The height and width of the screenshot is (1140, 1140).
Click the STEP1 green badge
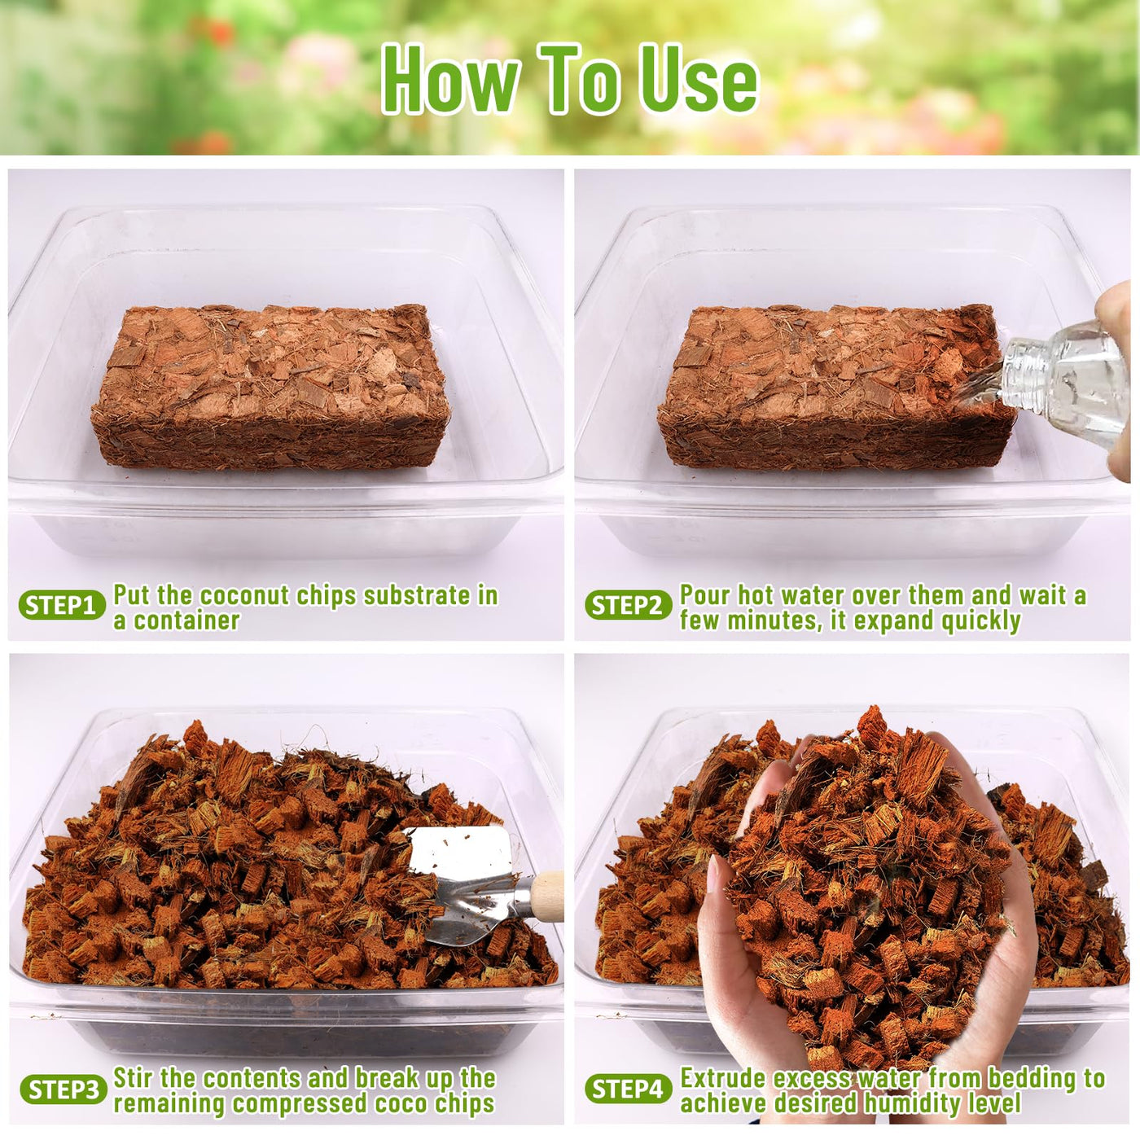tap(62, 605)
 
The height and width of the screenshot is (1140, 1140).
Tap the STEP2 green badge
tap(629, 605)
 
